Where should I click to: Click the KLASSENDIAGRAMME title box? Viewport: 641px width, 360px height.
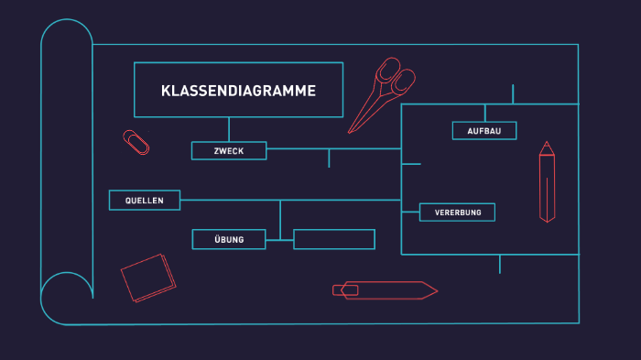click(238, 90)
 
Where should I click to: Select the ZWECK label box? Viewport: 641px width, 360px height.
click(229, 150)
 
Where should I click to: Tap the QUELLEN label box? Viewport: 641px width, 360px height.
click(145, 200)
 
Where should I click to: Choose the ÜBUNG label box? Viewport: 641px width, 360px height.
click(229, 239)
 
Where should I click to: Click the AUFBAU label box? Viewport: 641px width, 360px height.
click(483, 131)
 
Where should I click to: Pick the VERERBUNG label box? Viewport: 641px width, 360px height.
click(457, 213)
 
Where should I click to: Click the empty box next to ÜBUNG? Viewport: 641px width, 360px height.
click(334, 239)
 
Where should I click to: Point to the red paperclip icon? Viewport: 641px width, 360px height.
click(136, 143)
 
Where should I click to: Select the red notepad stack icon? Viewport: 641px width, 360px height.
click(148, 278)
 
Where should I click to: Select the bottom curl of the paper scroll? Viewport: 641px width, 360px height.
click(67, 299)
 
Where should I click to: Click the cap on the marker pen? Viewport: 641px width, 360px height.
click(345, 290)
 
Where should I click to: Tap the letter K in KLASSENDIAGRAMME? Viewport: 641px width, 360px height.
click(165, 91)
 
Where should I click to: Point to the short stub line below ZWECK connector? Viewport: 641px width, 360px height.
click(329, 158)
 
